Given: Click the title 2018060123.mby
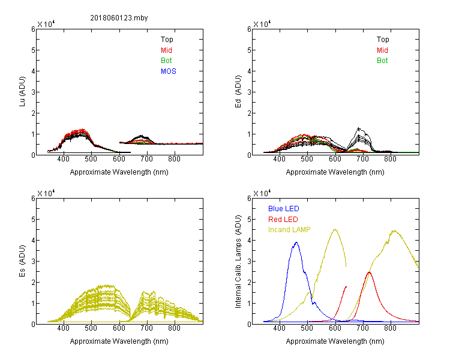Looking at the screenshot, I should (119, 17).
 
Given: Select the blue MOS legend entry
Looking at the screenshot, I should (169, 71).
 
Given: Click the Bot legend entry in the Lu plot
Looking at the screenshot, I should (167, 61).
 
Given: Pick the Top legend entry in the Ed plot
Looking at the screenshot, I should (383, 40).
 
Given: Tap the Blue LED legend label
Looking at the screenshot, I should (284, 209).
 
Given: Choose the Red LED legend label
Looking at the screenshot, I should (283, 219).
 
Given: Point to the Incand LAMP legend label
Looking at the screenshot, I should (289, 229).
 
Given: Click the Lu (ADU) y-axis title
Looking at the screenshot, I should (23, 92).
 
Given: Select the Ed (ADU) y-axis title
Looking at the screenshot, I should (239, 92).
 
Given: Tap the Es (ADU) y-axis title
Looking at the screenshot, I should (23, 261).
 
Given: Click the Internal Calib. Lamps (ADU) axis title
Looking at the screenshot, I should (239, 261).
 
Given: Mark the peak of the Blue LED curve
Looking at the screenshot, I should (296, 242).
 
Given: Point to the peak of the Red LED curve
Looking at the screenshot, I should (368, 272).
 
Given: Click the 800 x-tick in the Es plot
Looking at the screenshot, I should (175, 329).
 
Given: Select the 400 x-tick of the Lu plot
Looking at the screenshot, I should (63, 160).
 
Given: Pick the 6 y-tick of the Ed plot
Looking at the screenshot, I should (249, 29).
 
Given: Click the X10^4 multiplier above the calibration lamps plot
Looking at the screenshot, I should (262, 193).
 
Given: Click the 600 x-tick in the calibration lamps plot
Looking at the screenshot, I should (335, 329).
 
